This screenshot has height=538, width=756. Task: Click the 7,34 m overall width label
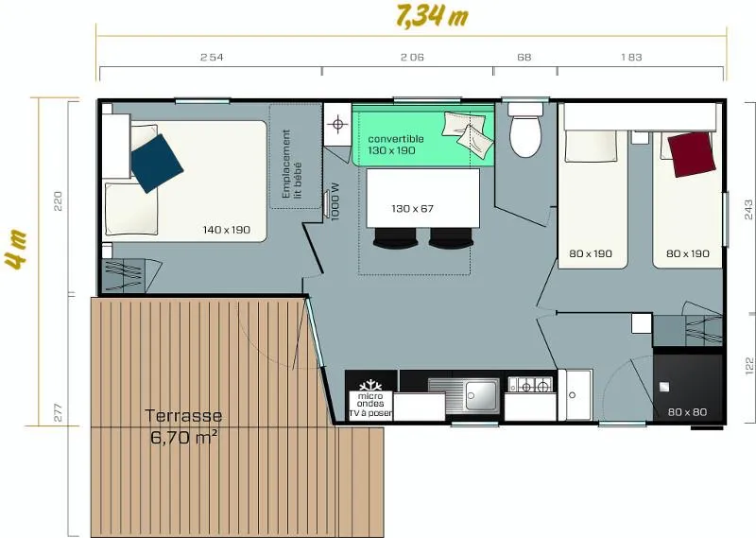[431, 17]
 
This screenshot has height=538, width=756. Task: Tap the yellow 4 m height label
[16, 250]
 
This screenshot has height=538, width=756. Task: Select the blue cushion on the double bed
[157, 163]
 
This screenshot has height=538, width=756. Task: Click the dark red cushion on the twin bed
[691, 154]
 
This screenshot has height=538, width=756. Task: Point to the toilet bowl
[525, 136]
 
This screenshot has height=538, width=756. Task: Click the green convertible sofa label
[396, 145]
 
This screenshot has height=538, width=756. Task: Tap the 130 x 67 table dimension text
[413, 208]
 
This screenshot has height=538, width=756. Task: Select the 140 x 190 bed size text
[227, 230]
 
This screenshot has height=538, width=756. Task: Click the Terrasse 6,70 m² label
[183, 426]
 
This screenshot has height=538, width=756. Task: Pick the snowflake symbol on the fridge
[370, 386]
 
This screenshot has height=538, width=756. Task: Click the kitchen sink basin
[481, 395]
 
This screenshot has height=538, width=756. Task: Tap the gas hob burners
[530, 385]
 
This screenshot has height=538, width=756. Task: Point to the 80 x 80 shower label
[688, 412]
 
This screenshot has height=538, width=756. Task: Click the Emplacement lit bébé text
[292, 165]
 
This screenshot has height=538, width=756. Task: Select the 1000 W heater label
[336, 202]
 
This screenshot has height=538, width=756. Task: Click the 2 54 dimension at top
[212, 57]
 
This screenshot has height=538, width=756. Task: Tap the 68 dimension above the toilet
[524, 57]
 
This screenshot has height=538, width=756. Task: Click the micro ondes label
[370, 400]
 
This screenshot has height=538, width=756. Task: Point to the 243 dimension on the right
[748, 209]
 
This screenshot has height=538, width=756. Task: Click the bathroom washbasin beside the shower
[575, 395]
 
